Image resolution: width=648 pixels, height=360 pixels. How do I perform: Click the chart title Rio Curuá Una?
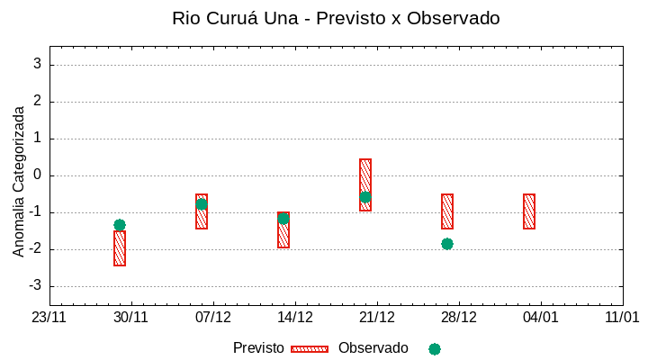coord(336,18)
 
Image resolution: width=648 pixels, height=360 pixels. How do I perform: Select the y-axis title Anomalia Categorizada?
coord(19,181)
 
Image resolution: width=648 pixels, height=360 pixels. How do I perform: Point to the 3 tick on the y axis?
coord(38,64)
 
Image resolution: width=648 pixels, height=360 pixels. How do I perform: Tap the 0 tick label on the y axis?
coord(38,175)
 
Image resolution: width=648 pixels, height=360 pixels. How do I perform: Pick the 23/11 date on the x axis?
coord(49,317)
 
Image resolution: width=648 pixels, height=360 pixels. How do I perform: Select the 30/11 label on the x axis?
coord(130,317)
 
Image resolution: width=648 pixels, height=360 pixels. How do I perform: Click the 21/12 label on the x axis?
coord(377,317)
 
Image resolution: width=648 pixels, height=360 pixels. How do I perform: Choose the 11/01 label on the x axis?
coord(622,317)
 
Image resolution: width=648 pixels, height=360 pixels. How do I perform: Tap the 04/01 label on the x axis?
coord(541,317)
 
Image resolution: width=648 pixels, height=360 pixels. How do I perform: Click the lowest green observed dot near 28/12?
coord(447,244)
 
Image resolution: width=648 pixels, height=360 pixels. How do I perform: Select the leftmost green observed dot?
coord(120,225)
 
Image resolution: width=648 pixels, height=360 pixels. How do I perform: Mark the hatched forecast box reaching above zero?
coord(365,184)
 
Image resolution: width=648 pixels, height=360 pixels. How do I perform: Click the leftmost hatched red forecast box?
coord(120,248)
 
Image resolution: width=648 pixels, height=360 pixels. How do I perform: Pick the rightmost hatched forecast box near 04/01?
coord(529,211)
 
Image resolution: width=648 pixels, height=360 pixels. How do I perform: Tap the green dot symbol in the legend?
coord(435,349)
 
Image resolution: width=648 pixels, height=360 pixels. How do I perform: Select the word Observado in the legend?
coord(373,348)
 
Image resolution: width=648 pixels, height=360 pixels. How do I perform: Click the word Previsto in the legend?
coord(258,348)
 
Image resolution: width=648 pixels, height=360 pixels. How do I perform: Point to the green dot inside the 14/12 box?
coord(283,219)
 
